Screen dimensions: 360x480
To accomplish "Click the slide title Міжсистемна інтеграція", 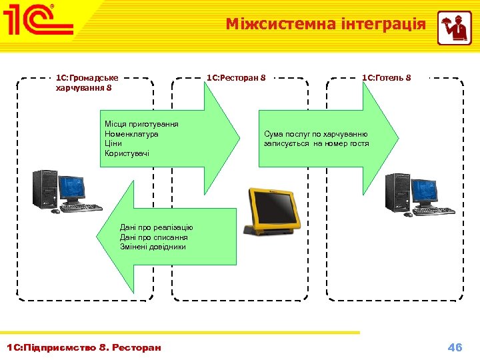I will pyautogui.click(x=325, y=25).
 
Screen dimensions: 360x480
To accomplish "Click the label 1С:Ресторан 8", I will pyautogui.click(x=236, y=78).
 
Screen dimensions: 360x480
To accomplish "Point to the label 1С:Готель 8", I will pyautogui.click(x=387, y=78).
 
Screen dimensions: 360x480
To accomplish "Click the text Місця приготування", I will pyautogui.click(x=141, y=124).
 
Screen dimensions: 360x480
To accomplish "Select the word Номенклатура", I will pyautogui.click(x=131, y=134).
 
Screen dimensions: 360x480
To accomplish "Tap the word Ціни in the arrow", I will pyautogui.click(x=113, y=143).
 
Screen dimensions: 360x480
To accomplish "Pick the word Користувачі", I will pyautogui.click(x=127, y=153).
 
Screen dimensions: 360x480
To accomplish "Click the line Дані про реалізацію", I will pyautogui.click(x=157, y=228).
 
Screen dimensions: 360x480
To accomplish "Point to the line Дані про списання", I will pyautogui.click(x=154, y=237).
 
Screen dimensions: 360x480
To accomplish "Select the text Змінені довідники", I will pyautogui.click(x=153, y=247).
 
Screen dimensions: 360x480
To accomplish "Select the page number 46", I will pyautogui.click(x=455, y=347).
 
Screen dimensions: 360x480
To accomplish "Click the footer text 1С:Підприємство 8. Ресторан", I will pyautogui.click(x=83, y=347).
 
